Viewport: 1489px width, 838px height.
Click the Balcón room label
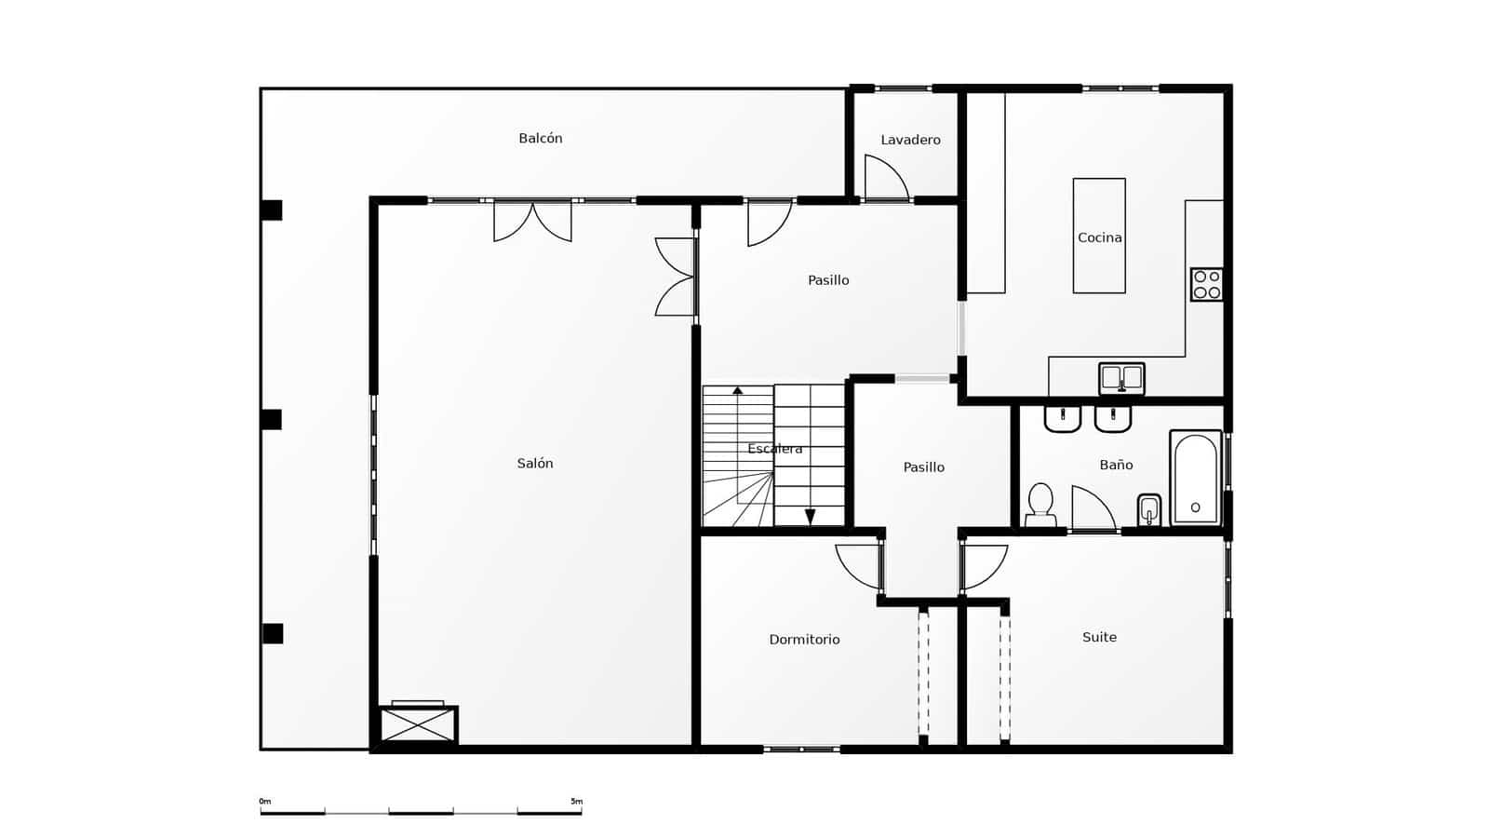click(x=541, y=139)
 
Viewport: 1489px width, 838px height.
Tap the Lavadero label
click(x=910, y=140)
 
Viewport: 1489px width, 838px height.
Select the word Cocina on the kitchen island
click(x=1099, y=237)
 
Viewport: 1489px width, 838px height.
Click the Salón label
click(x=535, y=464)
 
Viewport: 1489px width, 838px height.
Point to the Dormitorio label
click(x=804, y=640)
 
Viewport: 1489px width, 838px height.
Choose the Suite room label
click(x=1099, y=638)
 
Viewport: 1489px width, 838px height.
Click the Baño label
click(x=1116, y=465)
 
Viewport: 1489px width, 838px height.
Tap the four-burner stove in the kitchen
click(x=1207, y=284)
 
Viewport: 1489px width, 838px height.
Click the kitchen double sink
click(x=1121, y=378)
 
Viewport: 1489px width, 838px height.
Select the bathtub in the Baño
click(x=1195, y=478)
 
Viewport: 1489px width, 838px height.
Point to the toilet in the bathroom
click(x=1040, y=503)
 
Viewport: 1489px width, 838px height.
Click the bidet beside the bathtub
click(x=1149, y=510)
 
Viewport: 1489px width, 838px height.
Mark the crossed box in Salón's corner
click(x=418, y=724)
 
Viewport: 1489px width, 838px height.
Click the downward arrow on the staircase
click(x=810, y=517)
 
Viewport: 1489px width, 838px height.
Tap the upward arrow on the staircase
click(x=738, y=390)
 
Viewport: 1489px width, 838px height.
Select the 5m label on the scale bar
click(x=576, y=801)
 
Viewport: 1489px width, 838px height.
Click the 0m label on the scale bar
click(x=265, y=801)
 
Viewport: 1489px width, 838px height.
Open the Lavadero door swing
click(x=884, y=179)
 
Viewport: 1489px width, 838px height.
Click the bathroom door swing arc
click(x=1093, y=508)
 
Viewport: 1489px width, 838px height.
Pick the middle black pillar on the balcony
click(x=271, y=419)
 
